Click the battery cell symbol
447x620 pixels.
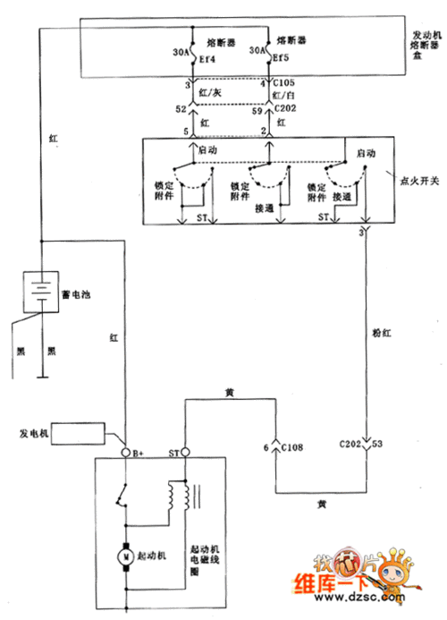38,290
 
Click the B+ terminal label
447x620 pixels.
139,452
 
